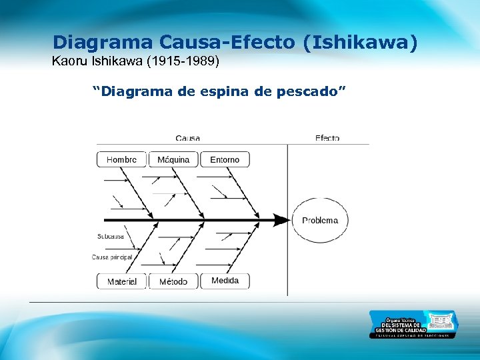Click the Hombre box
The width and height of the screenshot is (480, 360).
[121, 159]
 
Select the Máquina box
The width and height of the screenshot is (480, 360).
[173, 159]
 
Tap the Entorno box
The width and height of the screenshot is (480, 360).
[225, 159]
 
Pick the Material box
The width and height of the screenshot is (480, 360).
[121, 281]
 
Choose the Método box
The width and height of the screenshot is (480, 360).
[173, 281]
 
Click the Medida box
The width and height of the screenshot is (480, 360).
[225, 281]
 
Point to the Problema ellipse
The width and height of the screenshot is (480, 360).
[320, 220]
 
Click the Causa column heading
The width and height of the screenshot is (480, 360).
[187, 138]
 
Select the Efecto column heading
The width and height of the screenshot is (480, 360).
[327, 138]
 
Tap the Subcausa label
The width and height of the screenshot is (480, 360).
[109, 236]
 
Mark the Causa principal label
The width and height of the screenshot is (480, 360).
[112, 257]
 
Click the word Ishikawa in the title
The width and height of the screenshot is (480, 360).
[360, 43]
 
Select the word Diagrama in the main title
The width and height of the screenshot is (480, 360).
[103, 43]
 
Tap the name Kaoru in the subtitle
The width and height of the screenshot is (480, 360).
[67, 63]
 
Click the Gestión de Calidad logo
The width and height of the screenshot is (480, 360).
[413, 324]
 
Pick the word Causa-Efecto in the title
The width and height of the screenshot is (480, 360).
[228, 43]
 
